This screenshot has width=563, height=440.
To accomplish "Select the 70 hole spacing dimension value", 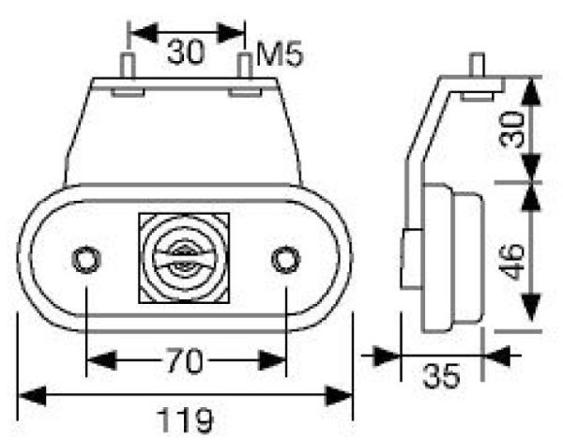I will tap(186, 358).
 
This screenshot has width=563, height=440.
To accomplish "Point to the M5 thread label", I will tap(279, 55).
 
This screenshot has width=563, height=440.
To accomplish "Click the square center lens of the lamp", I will tap(184, 257).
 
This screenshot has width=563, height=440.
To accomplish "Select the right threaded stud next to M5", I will tap(244, 68).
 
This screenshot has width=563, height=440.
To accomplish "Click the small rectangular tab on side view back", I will tap(409, 259).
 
